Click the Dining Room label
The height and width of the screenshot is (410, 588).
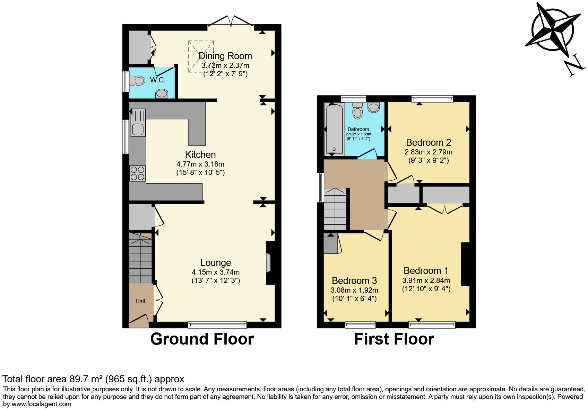click(x=225, y=56)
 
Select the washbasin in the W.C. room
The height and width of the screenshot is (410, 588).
click(x=162, y=93)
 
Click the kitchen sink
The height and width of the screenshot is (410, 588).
click(x=138, y=129)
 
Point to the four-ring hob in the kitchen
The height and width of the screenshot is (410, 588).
click(x=137, y=173)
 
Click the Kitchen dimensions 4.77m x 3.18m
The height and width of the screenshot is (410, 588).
click(x=200, y=164)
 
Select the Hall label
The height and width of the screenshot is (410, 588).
click(x=140, y=301)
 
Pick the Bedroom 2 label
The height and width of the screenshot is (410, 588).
click(x=429, y=142)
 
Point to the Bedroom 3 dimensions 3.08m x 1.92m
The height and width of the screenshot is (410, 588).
click(x=355, y=290)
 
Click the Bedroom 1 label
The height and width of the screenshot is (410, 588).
click(x=426, y=270)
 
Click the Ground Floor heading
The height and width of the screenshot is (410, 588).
click(x=202, y=339)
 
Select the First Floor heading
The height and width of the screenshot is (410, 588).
click(x=394, y=339)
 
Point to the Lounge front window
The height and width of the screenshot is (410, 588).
click(x=217, y=324)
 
